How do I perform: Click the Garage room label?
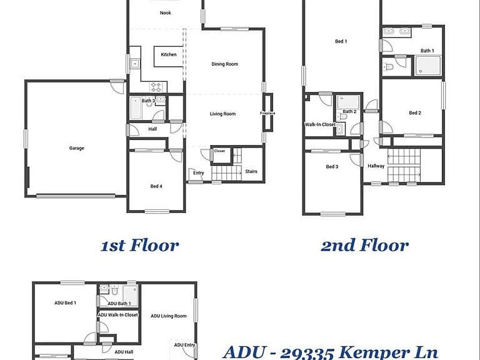pyautogui.click(x=76, y=148)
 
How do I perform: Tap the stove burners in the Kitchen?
pyautogui.click(x=156, y=87)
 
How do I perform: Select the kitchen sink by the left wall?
pyautogui.click(x=135, y=64)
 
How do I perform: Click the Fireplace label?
pyautogui.click(x=267, y=113)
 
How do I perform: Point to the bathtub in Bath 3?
pyautogui.click(x=136, y=108)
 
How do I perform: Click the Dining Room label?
pyautogui.click(x=225, y=64)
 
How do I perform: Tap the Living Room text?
pyautogui.click(x=223, y=114)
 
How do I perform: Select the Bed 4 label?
pyautogui.click(x=156, y=186)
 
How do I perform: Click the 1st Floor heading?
pyautogui.click(x=140, y=246)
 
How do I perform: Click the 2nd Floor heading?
pyautogui.click(x=364, y=246)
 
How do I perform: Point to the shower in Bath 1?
pyautogui.click(x=427, y=66)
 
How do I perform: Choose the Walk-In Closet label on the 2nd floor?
pyautogui.click(x=320, y=124)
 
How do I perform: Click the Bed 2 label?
pyautogui.click(x=415, y=113)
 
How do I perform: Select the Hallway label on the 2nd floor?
pyautogui.click(x=376, y=166)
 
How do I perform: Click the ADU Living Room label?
pyautogui.click(x=169, y=316)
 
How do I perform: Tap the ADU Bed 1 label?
pyautogui.click(x=65, y=303)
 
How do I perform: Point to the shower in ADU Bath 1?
pyautogui.click(x=130, y=295)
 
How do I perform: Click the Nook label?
pyautogui.click(x=165, y=13)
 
